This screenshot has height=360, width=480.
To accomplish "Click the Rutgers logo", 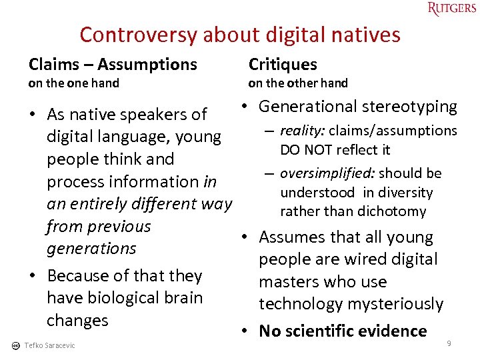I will click(452, 9).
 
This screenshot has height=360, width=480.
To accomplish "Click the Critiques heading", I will click(283, 64).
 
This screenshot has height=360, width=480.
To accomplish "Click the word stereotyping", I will click(411, 107).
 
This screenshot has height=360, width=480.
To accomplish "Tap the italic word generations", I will click(91, 249).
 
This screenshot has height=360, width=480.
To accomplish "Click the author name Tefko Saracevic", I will click(49, 345).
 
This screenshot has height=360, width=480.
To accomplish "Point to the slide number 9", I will click(449, 343).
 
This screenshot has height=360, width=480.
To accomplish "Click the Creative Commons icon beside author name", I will click(15, 345).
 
